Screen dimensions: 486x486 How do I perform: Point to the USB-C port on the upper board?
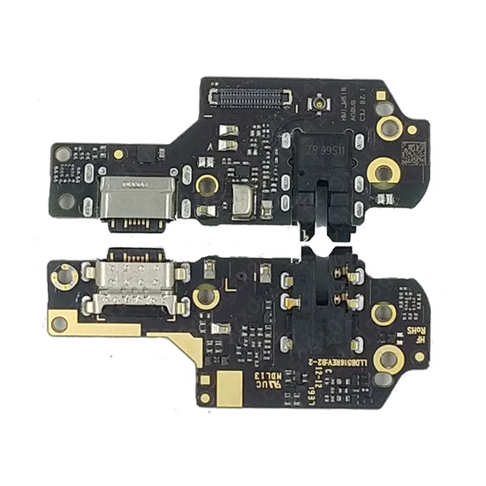129,195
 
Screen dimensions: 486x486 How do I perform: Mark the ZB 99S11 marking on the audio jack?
324,148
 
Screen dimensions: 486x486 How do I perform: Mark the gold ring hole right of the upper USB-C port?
207,184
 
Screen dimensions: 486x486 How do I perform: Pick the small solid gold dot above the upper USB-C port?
118,154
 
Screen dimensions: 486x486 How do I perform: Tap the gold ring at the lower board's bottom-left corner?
60,323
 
